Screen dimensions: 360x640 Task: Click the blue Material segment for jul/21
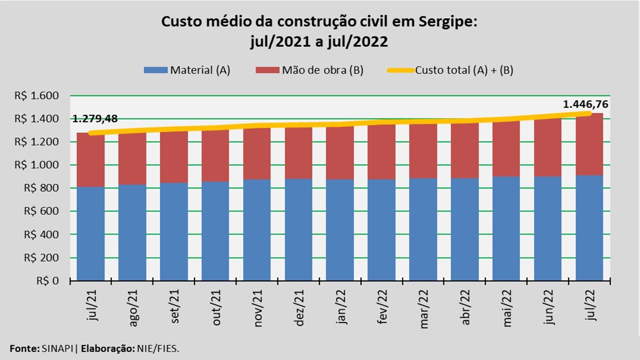(x=90, y=233)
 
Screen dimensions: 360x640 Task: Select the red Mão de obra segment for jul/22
(x=589, y=145)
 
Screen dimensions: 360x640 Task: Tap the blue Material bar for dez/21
(x=298, y=229)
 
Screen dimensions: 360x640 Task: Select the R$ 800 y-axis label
(x=48, y=188)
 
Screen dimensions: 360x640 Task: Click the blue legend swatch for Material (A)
(x=155, y=70)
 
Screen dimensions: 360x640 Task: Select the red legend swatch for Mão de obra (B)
(x=267, y=70)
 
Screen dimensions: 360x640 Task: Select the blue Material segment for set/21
(x=173, y=231)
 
